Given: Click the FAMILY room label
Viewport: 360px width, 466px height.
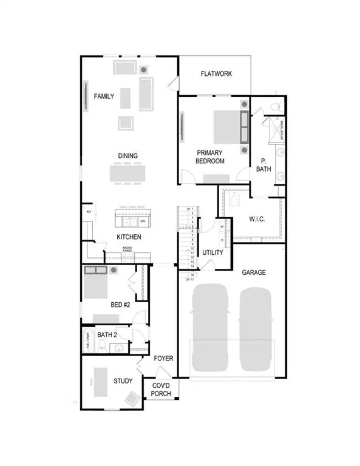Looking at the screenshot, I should pos(103,96).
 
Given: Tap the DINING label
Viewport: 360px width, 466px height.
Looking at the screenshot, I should pos(127,156).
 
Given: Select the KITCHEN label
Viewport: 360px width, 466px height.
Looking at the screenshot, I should pos(129,237).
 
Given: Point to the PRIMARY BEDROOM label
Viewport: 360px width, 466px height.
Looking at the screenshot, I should pos(210,157).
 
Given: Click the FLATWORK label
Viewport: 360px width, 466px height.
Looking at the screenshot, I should pos(217,74).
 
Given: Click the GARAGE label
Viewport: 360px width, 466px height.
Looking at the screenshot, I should pos(254,272).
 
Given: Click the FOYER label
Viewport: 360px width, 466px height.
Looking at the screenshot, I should pos(163,359).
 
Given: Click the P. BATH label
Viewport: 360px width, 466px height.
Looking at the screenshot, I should pos(264,165).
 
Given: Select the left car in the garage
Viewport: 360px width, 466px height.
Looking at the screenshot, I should pos(209,328).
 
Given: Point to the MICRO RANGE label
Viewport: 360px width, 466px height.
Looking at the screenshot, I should pos(128,249).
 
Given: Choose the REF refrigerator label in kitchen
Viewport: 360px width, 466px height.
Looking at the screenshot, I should pos(89,212).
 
